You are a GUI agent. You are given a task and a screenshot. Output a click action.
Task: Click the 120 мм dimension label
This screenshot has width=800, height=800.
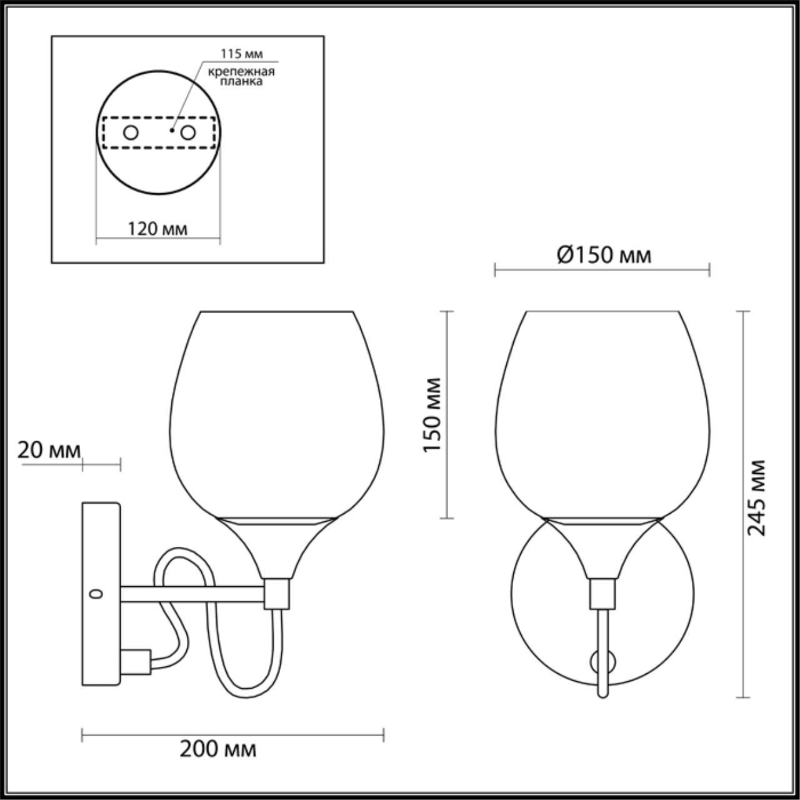coord(157,229)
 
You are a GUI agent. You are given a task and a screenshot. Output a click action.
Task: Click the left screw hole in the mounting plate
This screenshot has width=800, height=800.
coord(131,132)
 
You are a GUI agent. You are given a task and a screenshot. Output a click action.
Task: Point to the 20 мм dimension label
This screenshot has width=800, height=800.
coord(49,450)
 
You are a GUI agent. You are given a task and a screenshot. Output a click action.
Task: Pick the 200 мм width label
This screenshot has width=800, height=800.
coord(218,748)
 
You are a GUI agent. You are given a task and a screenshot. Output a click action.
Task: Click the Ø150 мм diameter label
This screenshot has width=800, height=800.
coord(603,255)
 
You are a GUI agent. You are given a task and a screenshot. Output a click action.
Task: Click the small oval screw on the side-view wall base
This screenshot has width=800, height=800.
coord(96,593)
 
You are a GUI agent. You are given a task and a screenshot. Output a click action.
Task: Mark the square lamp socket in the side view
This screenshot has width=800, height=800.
coord(276,594)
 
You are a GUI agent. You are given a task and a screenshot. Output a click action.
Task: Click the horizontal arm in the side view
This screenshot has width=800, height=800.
coord(194,595)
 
